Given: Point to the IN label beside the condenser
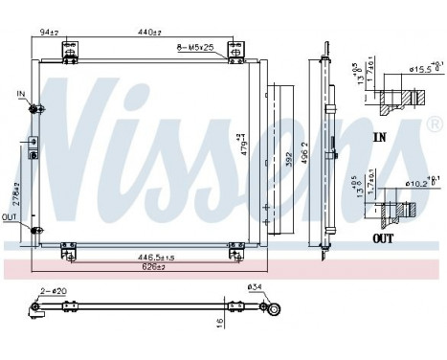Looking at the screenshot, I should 21,93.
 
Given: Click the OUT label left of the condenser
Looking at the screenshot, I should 10,216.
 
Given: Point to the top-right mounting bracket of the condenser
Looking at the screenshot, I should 234,50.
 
